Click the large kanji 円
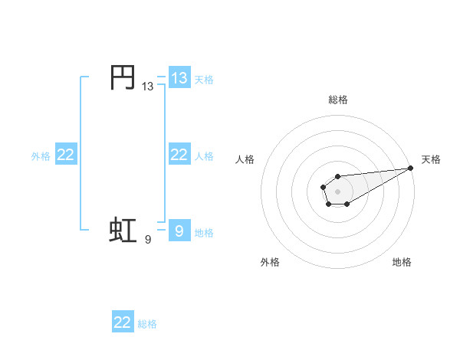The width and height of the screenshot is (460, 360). [x=123, y=77]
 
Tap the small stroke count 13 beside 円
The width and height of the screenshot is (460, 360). [x=147, y=87]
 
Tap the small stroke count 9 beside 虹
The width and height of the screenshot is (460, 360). [x=148, y=240]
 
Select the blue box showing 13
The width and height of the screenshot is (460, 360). [x=179, y=77]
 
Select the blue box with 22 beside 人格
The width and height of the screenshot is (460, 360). [x=179, y=155]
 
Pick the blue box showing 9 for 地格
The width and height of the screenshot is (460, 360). [x=179, y=230]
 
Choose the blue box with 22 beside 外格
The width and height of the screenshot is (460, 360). [x=66, y=155]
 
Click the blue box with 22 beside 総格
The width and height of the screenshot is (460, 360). [x=123, y=322]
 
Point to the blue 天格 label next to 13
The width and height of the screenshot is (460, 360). [x=204, y=79]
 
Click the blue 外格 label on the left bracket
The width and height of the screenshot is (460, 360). [x=41, y=156]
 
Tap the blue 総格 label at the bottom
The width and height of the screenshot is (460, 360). [x=147, y=324]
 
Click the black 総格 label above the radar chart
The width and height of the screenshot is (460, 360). [x=338, y=100]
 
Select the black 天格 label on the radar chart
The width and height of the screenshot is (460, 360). [x=431, y=159]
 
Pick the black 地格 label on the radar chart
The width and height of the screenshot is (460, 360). [x=402, y=263]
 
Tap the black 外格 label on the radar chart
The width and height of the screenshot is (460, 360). [x=270, y=263]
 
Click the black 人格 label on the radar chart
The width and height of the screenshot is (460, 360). [x=245, y=159]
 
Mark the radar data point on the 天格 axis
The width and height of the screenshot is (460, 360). [x=411, y=168]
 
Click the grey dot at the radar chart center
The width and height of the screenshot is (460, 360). [x=338, y=191]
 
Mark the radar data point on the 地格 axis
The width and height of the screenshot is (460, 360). [x=347, y=204]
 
